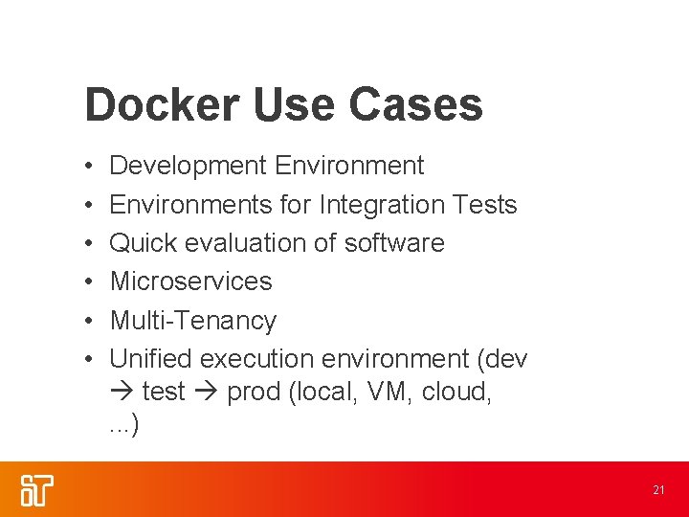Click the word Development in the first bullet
pos(188,166)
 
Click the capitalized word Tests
pos(484,205)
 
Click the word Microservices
pos(190,281)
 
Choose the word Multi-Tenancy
pos(192,320)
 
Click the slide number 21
pos(658,490)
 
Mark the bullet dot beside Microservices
pos(87,282)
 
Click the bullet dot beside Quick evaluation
pos(87,244)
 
